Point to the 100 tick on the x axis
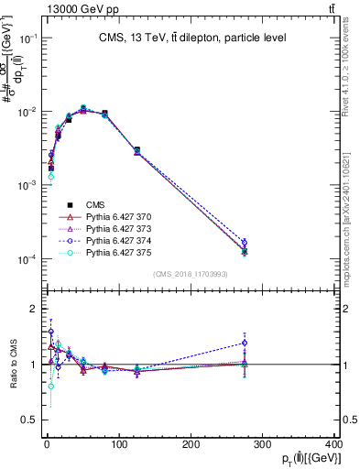tap(118, 444)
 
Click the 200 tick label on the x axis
tap(191, 444)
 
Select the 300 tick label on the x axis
tap(263, 444)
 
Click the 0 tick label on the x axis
tap(47, 444)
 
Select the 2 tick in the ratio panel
tap(34, 309)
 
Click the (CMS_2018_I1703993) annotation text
tap(191, 274)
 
